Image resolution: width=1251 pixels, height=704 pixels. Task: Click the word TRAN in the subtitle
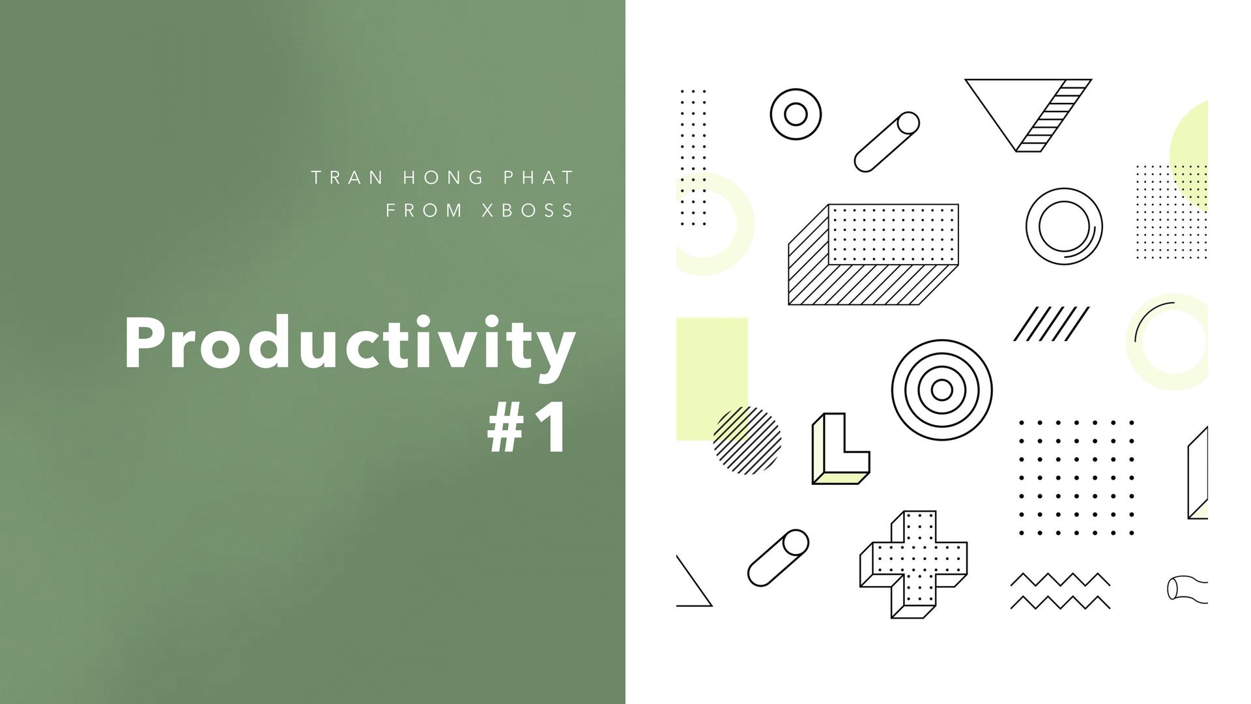(x=347, y=177)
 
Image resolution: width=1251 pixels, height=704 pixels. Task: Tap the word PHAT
(x=538, y=177)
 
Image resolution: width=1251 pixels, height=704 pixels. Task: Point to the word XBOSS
(x=528, y=211)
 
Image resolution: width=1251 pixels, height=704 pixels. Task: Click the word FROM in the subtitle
(x=424, y=211)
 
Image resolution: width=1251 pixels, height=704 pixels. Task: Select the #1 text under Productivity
(x=528, y=428)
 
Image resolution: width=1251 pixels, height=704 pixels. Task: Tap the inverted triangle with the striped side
(x=1028, y=115)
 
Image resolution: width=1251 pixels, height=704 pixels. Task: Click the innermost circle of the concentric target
(x=942, y=390)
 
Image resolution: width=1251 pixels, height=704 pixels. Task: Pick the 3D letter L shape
(x=841, y=448)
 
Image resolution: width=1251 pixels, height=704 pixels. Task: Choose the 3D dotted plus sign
(x=913, y=565)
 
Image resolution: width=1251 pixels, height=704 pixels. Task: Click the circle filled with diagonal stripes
(x=747, y=440)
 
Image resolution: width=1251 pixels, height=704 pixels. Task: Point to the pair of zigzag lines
(x=1060, y=591)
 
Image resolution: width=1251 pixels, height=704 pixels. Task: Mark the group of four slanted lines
(x=1051, y=324)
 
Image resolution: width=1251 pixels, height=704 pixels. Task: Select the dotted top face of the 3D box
(x=893, y=235)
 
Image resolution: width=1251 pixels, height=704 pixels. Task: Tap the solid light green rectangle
(x=712, y=379)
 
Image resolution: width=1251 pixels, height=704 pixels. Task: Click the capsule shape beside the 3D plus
(x=778, y=557)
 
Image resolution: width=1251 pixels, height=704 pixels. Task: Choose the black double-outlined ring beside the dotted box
(x=1064, y=226)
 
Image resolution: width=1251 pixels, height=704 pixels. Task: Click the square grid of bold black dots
(x=1076, y=478)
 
